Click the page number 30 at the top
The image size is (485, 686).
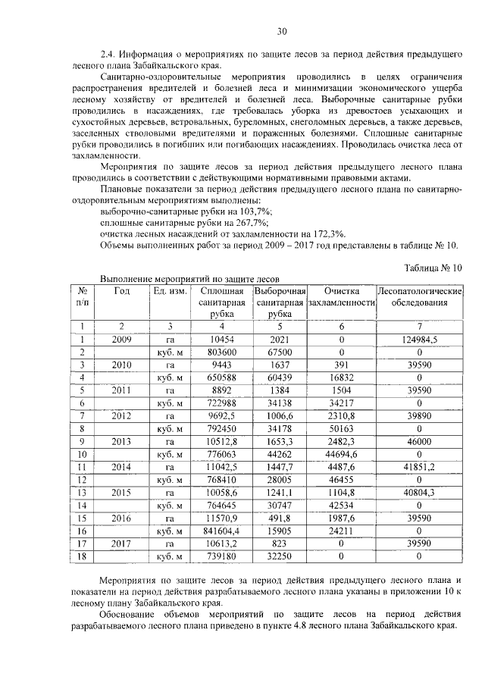click(x=281, y=31)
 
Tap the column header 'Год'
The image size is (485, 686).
click(x=121, y=291)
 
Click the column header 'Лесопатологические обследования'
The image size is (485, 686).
click(x=419, y=297)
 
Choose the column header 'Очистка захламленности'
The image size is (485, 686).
click(x=341, y=297)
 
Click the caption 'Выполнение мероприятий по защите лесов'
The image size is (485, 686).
click(x=190, y=279)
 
